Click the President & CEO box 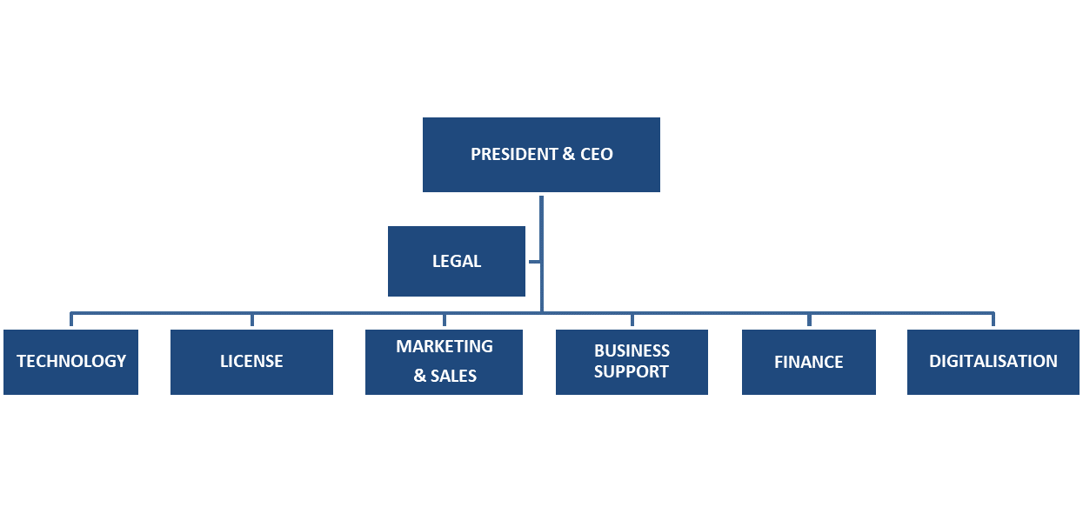541,155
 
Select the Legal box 457,261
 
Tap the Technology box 70,362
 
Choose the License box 251,362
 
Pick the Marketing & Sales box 444,362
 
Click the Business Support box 632,362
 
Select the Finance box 809,362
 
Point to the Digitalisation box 993,362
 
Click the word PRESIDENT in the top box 514,155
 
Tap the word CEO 597,155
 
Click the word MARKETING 445,347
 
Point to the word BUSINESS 632,351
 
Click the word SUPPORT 632,372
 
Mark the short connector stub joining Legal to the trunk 534,261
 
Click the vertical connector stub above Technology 71,319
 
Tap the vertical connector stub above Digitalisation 993,319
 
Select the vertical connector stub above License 252,319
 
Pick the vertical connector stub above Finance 809,319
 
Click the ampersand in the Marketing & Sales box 419,377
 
